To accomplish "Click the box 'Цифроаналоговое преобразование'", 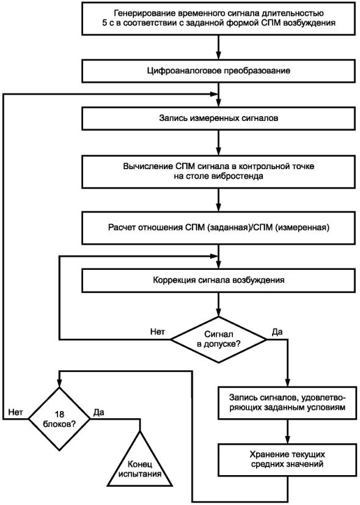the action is (x=219, y=71).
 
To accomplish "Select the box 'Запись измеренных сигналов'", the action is (x=219, y=118).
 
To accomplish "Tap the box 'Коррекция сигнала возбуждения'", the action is (x=219, y=280).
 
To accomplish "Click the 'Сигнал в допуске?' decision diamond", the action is (x=219, y=339).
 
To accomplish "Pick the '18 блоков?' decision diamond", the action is (x=59, y=419).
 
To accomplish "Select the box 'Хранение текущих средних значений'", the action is (x=287, y=460).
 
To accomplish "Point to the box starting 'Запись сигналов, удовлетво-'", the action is (x=287, y=402).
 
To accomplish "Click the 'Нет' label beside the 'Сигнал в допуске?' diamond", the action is (x=158, y=332).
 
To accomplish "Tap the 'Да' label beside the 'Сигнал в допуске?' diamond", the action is (x=277, y=332).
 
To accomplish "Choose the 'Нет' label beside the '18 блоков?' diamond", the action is (x=15, y=412).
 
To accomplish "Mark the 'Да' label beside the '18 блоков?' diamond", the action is (x=98, y=412).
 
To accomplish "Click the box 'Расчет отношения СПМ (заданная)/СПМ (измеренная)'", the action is (x=219, y=228).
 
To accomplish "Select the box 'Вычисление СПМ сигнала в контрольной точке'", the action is (x=219, y=172).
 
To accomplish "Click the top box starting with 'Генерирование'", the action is (x=219, y=18).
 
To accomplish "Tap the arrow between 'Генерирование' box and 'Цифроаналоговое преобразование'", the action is (x=219, y=47).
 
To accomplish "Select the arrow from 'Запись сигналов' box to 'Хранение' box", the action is (x=287, y=431).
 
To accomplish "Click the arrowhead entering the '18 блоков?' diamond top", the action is (x=59, y=383).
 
